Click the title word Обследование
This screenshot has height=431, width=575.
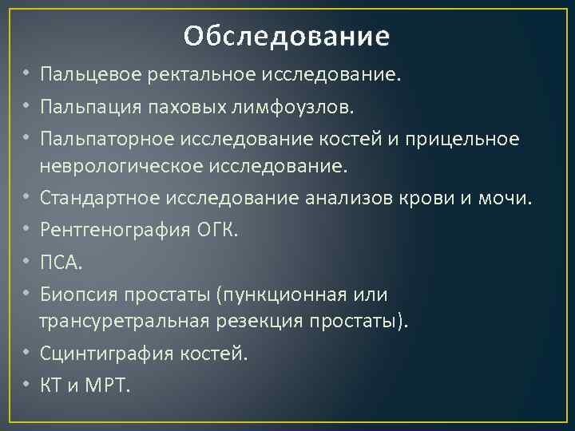[x=287, y=36]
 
